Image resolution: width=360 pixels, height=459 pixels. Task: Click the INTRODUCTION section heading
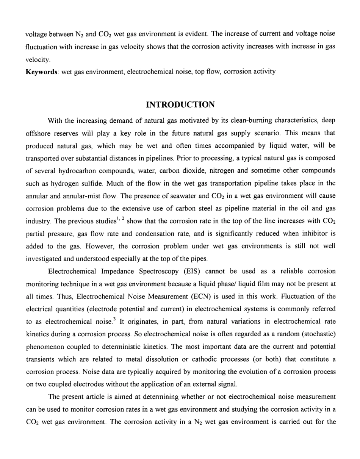click(x=180, y=104)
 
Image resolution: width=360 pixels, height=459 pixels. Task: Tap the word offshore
click(x=37, y=134)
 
